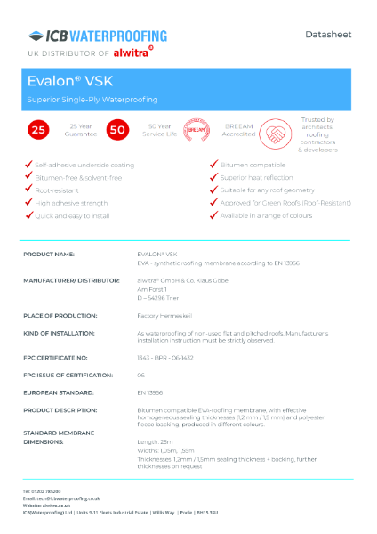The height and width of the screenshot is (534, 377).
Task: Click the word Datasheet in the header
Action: tap(327, 35)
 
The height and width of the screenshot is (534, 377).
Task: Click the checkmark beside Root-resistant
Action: tap(28, 190)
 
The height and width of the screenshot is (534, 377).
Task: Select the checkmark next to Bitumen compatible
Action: tap(213, 165)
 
